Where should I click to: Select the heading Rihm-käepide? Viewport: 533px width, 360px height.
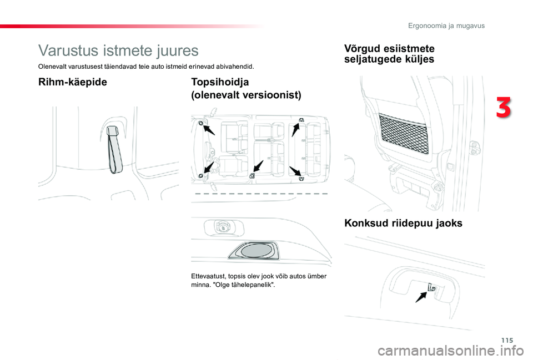tap(72, 82)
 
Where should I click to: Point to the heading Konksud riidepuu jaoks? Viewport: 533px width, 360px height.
tap(403, 224)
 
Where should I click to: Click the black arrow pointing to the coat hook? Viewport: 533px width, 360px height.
tap(421, 296)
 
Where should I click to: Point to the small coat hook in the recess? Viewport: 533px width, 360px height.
tap(431, 286)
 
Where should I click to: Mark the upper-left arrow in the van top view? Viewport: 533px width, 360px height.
tap(209, 130)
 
